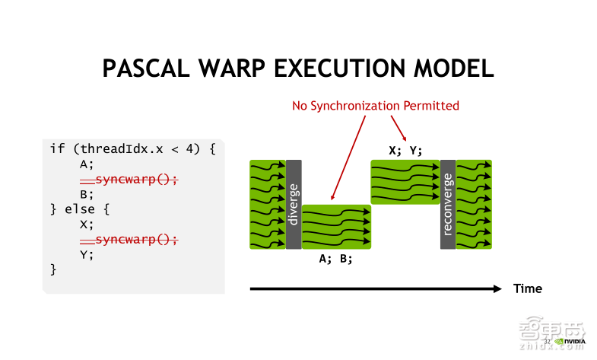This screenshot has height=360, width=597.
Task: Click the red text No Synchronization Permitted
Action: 376,106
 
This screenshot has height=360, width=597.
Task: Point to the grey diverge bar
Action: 294,204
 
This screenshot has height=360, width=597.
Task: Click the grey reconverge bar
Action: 447,204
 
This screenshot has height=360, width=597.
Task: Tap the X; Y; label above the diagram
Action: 405,150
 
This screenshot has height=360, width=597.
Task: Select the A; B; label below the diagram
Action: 335,259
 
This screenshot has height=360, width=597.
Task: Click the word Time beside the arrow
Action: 528,289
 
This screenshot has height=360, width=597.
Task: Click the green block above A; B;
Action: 336,227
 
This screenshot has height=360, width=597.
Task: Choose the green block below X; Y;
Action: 405,182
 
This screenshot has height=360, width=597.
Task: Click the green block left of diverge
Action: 267,204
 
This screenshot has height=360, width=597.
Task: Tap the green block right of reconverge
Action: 474,204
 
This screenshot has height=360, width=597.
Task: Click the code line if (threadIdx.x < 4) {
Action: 133,148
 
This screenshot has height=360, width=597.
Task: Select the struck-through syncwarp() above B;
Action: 129,179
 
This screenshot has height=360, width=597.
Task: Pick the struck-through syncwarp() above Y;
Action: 129,240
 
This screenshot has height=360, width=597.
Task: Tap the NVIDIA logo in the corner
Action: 570,342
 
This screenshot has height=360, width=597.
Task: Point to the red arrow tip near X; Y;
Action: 401,138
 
